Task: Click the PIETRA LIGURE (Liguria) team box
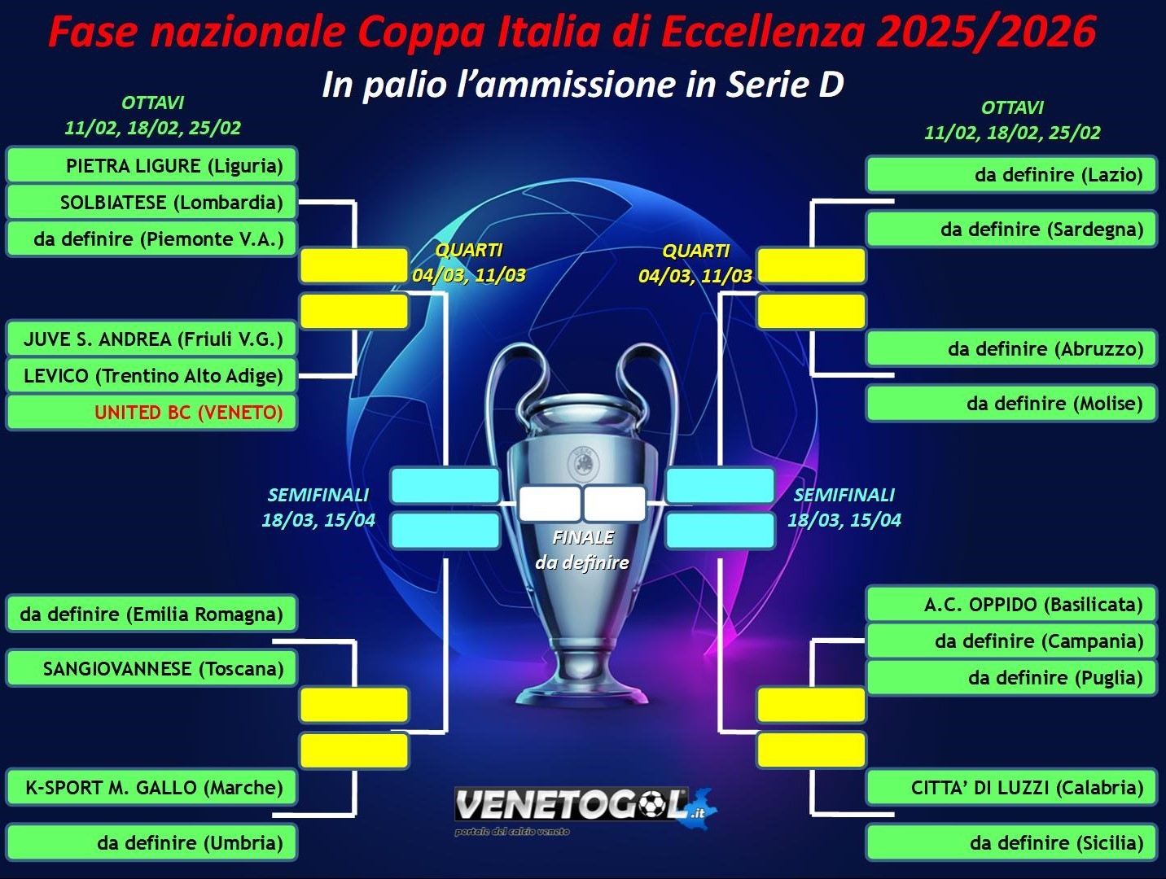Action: [x=151, y=165]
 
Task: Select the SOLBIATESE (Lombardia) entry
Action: [x=151, y=202]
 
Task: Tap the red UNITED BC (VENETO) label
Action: [x=189, y=413]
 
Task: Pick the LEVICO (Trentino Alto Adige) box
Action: [x=151, y=376]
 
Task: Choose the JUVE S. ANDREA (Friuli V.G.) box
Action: [x=151, y=339]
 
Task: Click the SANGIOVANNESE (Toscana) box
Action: [x=151, y=668]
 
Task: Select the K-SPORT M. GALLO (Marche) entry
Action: [x=151, y=787]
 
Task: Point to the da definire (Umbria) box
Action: [x=151, y=842]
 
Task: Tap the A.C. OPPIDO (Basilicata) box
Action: [x=1011, y=604]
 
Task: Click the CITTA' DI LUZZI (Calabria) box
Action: [x=1011, y=787]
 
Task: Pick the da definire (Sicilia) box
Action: [x=1011, y=842]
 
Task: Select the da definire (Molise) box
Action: [x=1011, y=404]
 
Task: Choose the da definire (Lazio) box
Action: [x=1011, y=175]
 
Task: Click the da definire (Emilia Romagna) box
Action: [x=151, y=614]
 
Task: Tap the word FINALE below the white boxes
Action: [x=583, y=538]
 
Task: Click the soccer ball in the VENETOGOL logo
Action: [x=653, y=806]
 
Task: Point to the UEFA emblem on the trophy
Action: [x=583, y=461]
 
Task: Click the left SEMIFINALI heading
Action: [x=318, y=495]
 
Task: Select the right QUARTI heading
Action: [x=696, y=251]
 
